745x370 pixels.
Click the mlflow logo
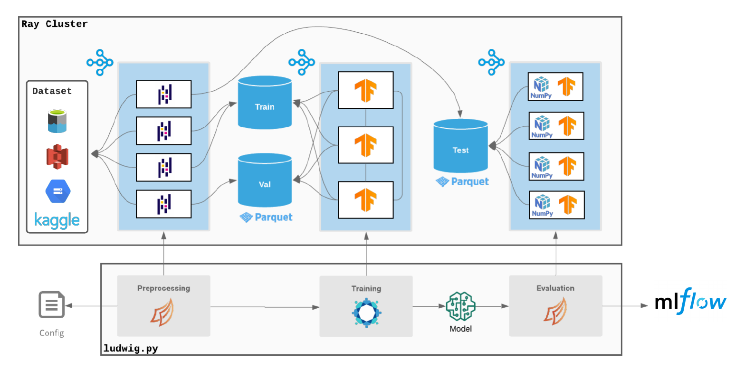(690, 302)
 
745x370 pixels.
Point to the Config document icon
(51, 305)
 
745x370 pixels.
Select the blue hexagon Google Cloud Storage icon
(57, 191)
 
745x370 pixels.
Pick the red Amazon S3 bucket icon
(57, 156)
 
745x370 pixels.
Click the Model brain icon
(460, 305)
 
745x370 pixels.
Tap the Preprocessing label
(163, 288)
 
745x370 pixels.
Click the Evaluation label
(555, 288)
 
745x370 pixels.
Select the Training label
(366, 288)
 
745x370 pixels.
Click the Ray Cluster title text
(55, 24)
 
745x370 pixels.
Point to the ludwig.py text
(131, 349)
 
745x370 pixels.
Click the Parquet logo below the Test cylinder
(462, 181)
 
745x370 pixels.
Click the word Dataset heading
(52, 91)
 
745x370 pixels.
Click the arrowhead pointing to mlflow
(644, 306)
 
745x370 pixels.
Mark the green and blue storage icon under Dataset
(57, 121)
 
